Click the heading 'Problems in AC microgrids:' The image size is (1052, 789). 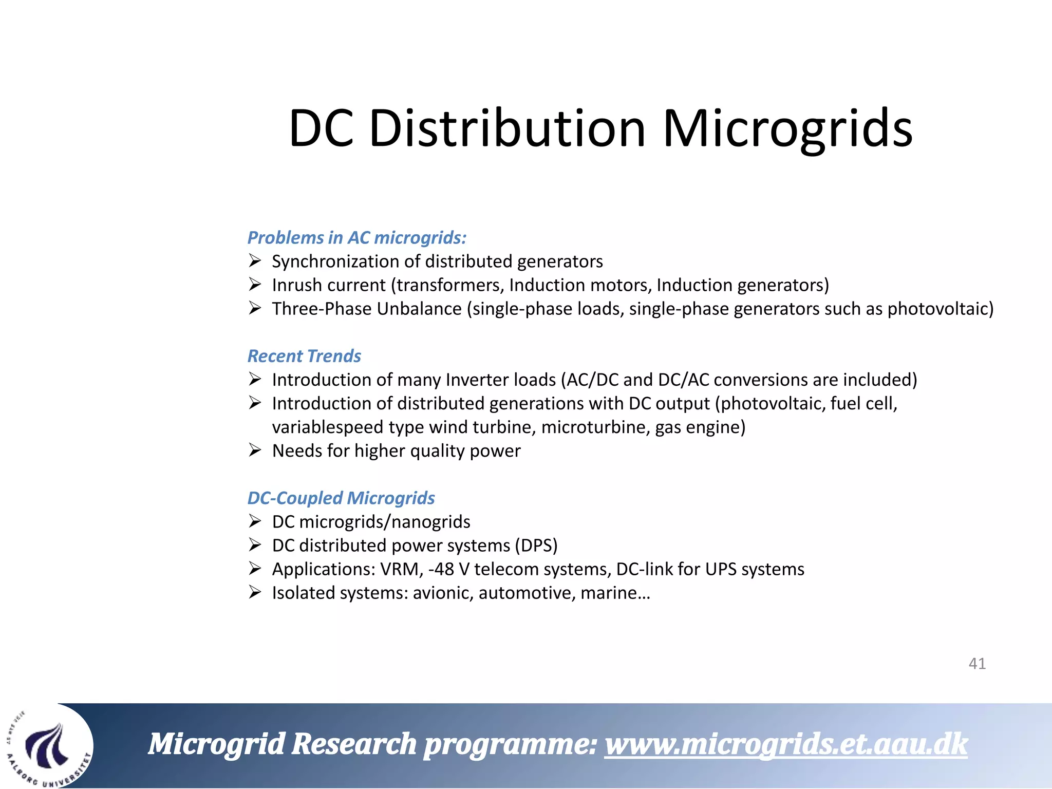tap(357, 238)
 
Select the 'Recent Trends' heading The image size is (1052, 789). tap(304, 356)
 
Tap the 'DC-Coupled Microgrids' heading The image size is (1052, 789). tap(341, 498)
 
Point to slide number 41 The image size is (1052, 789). tap(977, 664)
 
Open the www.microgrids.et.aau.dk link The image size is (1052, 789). tap(786, 744)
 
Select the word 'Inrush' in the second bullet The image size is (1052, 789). tap(297, 285)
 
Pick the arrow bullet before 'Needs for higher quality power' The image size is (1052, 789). tap(255, 450)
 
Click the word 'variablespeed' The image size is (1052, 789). tap(328, 427)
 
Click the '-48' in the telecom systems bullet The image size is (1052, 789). tap(441, 569)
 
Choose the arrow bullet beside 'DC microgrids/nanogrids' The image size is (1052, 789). tap(255, 521)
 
